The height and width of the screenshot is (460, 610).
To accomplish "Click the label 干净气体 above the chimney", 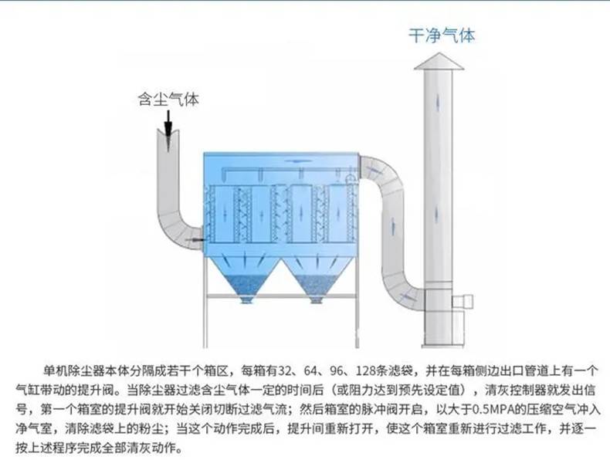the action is [x=442, y=36].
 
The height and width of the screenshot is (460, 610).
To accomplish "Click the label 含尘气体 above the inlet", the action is [x=168, y=99].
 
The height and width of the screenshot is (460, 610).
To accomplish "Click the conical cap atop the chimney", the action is [x=439, y=62].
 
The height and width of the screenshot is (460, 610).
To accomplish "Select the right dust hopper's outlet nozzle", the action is [x=316, y=299].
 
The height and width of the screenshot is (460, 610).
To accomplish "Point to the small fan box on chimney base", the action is [x=463, y=300].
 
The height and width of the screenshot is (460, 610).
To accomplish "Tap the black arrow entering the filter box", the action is [x=195, y=240].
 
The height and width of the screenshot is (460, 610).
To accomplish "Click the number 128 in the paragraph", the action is [x=366, y=370].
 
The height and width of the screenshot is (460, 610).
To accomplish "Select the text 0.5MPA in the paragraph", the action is [x=488, y=409].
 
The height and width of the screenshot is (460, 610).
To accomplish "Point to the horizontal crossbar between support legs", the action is [x=281, y=296].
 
